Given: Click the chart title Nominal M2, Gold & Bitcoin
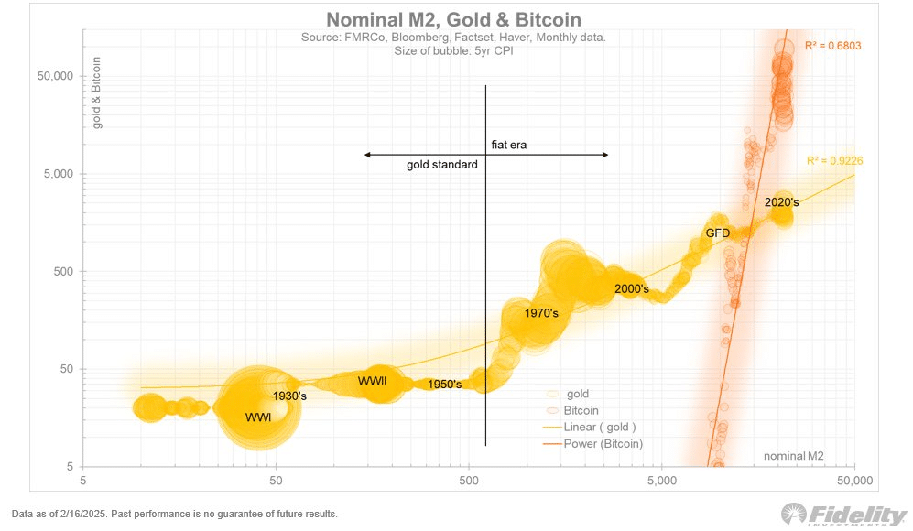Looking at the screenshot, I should coord(453,20).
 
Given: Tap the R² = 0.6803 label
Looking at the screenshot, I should coord(832,45).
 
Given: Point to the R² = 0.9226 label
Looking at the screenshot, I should coord(834,161).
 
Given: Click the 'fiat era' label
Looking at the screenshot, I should coord(508,144).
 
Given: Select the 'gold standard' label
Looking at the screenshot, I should coord(441,165).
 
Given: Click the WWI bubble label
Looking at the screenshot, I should coord(258,417).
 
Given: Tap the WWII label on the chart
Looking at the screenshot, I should coord(372,381).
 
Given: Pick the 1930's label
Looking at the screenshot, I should coord(289,396).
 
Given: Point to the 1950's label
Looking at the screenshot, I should coord(444,385).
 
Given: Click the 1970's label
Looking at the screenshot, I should coord(541,313).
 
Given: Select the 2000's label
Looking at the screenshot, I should coord(631,289).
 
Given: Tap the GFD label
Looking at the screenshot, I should coord(717,233).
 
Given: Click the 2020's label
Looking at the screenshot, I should coord(782,201).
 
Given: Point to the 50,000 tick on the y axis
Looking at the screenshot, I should coord(55,76).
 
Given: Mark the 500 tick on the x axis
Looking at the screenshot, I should coord(469,479).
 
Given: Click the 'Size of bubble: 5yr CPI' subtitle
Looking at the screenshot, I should coord(453,50).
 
